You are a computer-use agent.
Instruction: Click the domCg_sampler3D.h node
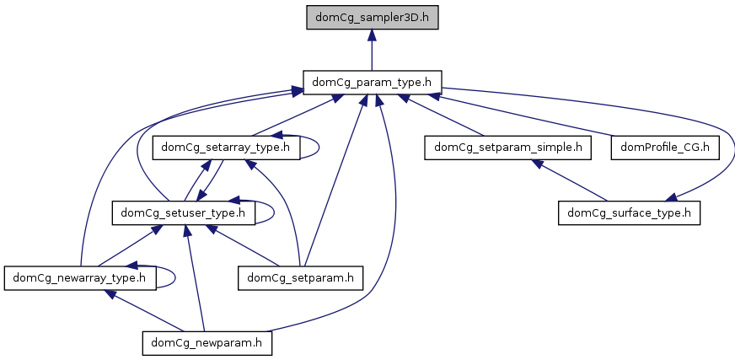point(372,17)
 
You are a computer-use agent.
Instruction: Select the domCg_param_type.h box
point(372,82)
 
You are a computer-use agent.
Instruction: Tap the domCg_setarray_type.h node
point(225,147)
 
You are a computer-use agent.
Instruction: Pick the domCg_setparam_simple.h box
point(507,147)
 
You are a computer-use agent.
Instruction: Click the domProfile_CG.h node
point(665,147)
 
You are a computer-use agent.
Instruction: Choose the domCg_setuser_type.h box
point(183,212)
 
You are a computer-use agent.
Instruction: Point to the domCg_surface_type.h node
point(629,212)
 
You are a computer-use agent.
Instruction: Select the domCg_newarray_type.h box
point(80,277)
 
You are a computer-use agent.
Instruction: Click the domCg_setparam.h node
point(301,277)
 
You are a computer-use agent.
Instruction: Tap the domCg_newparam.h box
point(206,343)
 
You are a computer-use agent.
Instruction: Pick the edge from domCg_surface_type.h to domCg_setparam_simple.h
point(569,180)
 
